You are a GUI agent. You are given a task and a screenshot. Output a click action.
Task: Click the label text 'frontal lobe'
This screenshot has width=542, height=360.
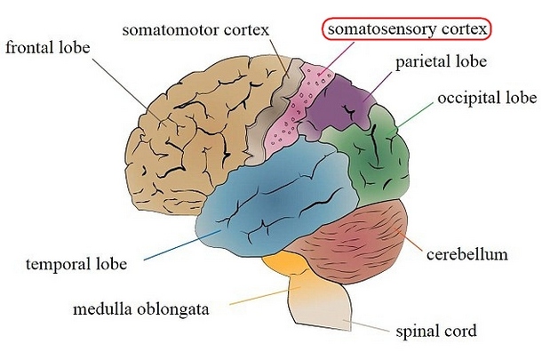(x=48, y=47)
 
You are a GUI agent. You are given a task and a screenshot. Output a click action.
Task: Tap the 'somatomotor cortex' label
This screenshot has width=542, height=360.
(x=195, y=29)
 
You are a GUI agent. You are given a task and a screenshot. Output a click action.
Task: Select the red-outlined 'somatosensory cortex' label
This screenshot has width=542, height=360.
(x=407, y=29)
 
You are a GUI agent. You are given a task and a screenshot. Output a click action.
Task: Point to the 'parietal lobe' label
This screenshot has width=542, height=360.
(x=441, y=62)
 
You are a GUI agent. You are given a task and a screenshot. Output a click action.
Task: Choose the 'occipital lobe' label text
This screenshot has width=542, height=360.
(x=487, y=98)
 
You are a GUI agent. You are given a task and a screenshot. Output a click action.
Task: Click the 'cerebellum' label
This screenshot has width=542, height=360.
(x=467, y=254)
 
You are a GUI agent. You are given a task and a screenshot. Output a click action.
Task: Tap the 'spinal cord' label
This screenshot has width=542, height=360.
(x=436, y=331)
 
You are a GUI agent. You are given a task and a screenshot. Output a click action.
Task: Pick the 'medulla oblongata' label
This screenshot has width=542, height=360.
(x=141, y=308)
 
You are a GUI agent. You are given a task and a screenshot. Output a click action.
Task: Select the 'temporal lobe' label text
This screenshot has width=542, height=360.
(x=76, y=264)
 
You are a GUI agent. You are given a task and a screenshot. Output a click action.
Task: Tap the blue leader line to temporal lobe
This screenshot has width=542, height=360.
(x=182, y=244)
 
